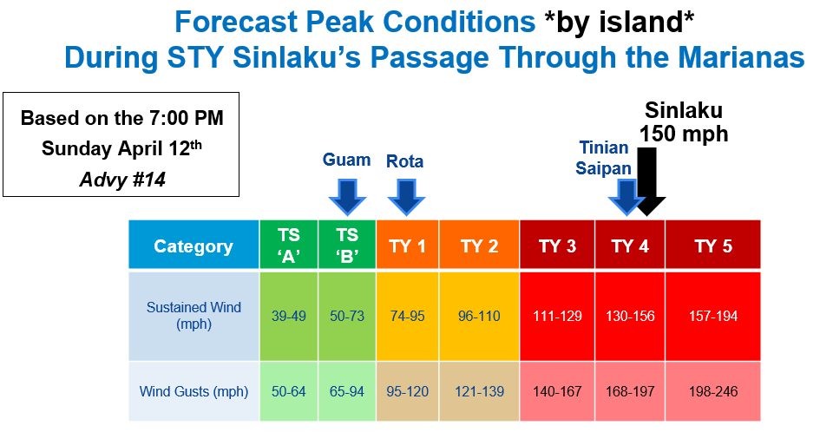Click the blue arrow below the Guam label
(x=347, y=195)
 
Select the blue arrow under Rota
(x=405, y=195)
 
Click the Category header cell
(x=194, y=246)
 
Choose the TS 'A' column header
(x=289, y=246)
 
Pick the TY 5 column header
(x=713, y=246)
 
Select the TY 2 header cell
(x=479, y=246)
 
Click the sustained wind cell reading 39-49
(x=289, y=316)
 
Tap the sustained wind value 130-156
(x=629, y=316)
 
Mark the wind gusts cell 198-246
(x=713, y=391)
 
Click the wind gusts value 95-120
(x=407, y=391)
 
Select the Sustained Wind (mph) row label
(x=194, y=316)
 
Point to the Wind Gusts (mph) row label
(x=194, y=391)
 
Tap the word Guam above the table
(x=347, y=160)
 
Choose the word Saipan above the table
(x=603, y=167)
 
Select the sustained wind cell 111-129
(x=557, y=316)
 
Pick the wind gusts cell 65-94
(x=347, y=391)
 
